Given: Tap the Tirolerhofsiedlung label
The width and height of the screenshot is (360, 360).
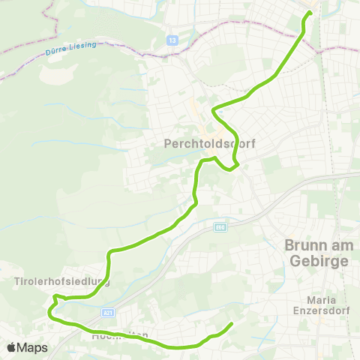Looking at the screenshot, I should click(62, 282).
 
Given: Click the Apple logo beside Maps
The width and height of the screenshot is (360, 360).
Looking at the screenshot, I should click(12, 347).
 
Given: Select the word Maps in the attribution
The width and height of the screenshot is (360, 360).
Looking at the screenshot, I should click(32, 347).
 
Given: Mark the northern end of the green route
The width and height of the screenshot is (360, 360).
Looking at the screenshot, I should click(309, 13).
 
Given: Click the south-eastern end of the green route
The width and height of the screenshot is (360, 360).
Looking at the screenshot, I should click(230, 324).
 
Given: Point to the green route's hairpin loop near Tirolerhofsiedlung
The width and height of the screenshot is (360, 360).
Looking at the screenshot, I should click(52, 307).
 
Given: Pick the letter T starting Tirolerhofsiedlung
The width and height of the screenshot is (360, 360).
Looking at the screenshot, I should click(16, 282).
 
